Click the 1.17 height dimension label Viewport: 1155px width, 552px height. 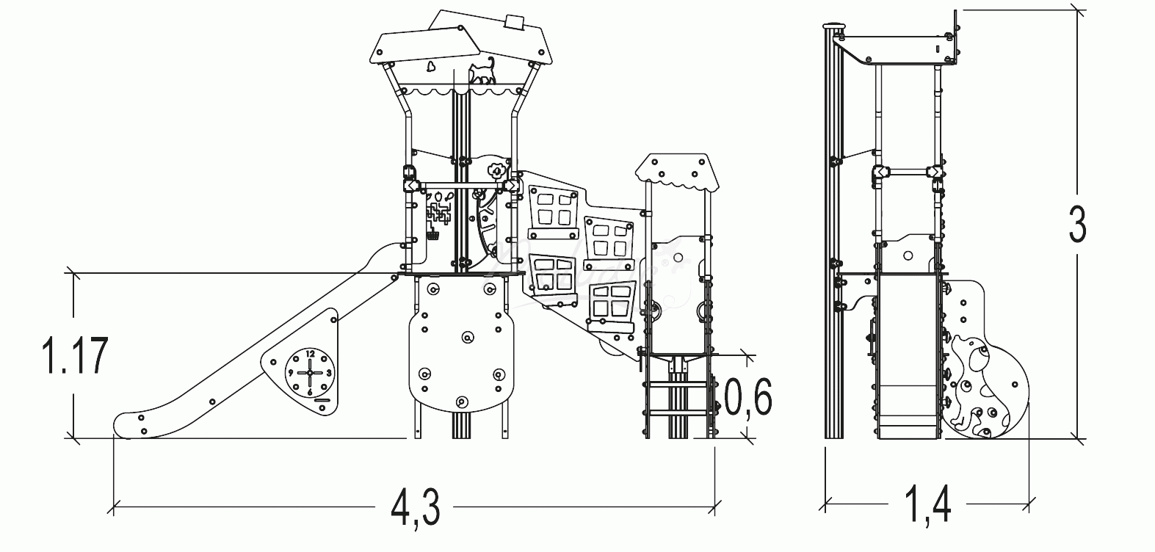[76, 356]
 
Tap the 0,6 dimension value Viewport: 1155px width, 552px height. [748, 399]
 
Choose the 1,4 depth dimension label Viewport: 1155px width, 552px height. [927, 506]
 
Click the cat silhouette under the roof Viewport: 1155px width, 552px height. [482, 73]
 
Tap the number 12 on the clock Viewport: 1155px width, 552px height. [309, 355]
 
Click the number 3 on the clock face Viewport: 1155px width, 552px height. [328, 373]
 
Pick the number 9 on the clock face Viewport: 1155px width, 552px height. [291, 373]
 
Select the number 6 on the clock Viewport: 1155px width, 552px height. [309, 391]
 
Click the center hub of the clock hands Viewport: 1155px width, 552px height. [309, 373]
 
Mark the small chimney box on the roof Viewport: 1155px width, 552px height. [513, 23]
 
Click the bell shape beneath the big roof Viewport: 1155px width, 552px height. [430, 68]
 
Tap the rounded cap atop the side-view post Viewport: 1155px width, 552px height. [833, 27]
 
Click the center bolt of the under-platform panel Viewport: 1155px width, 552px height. [467, 338]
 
